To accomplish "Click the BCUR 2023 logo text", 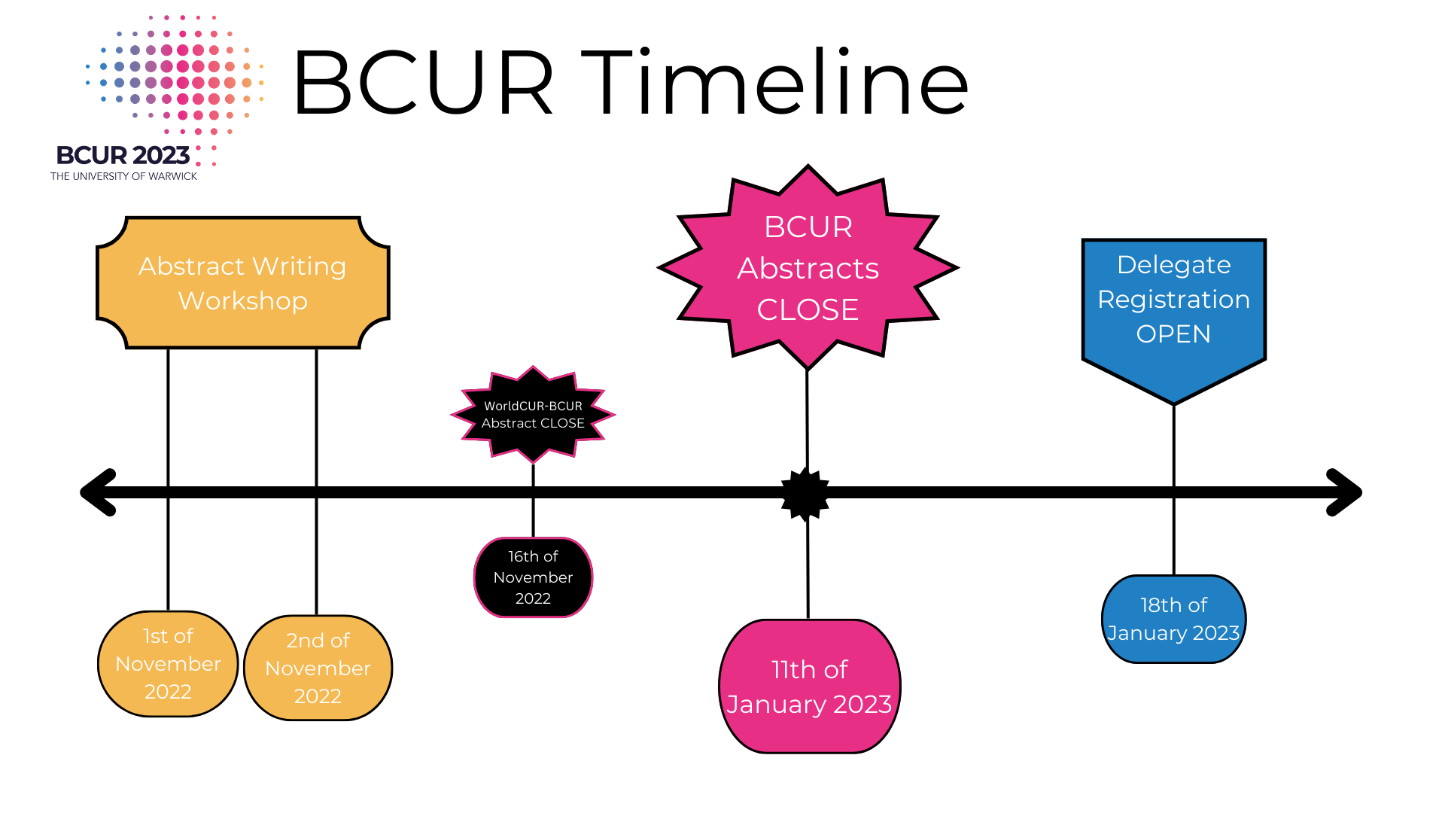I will point(123,155).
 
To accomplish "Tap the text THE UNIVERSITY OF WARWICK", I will point(123,176).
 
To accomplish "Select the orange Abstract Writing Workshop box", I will point(242,283).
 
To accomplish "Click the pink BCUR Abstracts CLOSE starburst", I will point(808,267).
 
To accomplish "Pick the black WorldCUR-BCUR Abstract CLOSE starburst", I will point(533,415).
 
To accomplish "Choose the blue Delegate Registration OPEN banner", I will point(1173,309).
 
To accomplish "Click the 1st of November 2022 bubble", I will point(168,664).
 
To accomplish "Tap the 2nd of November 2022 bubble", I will point(318,668).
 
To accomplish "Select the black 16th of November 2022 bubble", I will point(533,577).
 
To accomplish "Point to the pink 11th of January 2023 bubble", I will point(809,687).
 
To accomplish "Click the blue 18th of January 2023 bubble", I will point(1173,619).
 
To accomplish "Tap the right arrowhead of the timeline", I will point(1344,492).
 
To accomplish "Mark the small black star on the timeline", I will point(805,494).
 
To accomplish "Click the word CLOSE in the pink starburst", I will point(808,310).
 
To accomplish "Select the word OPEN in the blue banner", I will point(1173,334).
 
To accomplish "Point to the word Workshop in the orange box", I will point(242,301).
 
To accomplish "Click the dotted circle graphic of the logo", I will point(175,75).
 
